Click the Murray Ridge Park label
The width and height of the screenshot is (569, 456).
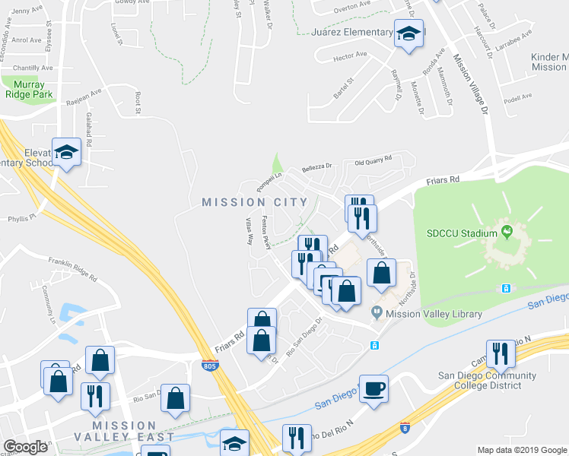[28, 89]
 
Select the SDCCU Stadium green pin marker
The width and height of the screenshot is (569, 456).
[506, 231]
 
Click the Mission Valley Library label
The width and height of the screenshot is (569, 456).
[434, 314]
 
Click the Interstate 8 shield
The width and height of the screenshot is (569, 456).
[405, 428]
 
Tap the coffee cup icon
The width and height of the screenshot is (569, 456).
[374, 388]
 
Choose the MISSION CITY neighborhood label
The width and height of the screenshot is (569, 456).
[255, 202]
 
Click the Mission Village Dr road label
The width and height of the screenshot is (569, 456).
[471, 84]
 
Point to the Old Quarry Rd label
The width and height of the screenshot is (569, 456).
[373, 160]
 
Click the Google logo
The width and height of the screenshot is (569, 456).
[25, 447]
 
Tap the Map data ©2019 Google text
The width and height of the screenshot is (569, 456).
[522, 450]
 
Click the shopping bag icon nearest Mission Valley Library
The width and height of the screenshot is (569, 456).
[381, 274]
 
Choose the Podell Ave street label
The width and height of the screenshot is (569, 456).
[518, 97]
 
